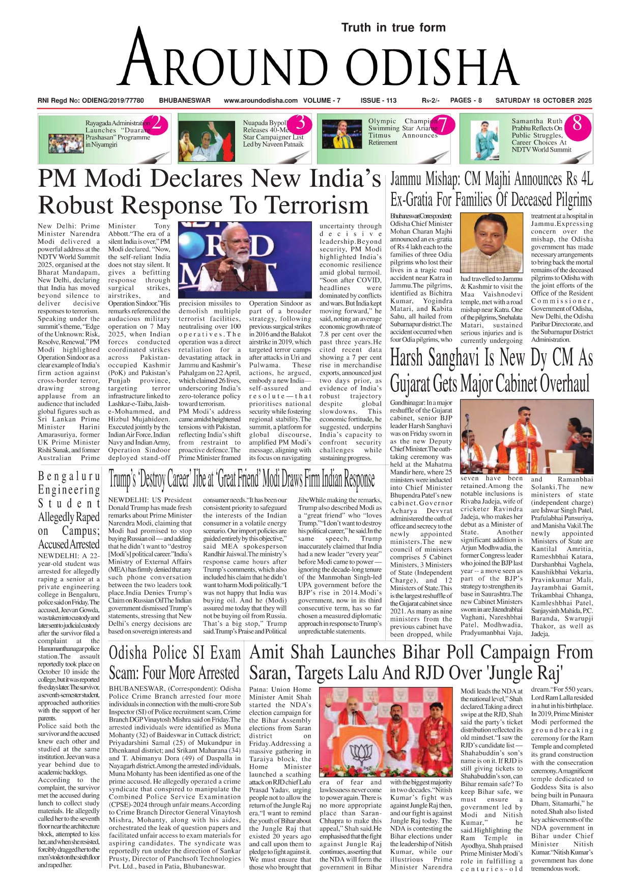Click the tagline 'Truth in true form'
(x=393, y=27)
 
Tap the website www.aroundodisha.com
(x=261, y=100)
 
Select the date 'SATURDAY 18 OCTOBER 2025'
(x=543, y=100)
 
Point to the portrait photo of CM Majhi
(x=491, y=243)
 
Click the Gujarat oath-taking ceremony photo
(x=526, y=437)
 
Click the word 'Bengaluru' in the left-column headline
(x=69, y=477)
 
